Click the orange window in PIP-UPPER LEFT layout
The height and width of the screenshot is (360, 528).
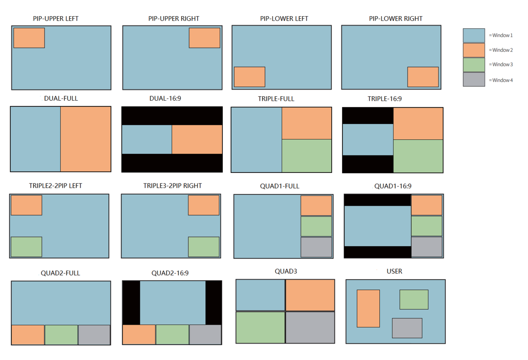click(29, 38)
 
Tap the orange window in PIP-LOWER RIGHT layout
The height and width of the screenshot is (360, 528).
click(423, 77)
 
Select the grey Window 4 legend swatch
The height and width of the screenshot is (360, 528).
click(474, 79)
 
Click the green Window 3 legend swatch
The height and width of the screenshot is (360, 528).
click(474, 65)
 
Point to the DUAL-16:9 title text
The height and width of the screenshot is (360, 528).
click(165, 98)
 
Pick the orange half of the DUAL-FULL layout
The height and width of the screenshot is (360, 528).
click(86, 139)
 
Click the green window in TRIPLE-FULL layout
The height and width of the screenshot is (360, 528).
click(307, 155)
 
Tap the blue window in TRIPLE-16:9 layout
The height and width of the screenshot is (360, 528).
click(368, 140)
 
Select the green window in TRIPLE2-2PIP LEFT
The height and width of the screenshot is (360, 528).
click(26, 247)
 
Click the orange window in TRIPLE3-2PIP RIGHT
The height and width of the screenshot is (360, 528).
click(203, 205)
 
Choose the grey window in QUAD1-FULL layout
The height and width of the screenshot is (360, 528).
click(316, 247)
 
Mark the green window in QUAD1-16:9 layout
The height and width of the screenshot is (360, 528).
click(427, 226)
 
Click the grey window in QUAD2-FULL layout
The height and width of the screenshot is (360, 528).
click(94, 335)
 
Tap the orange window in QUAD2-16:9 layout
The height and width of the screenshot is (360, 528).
click(139, 334)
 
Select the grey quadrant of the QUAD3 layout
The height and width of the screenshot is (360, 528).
click(310, 327)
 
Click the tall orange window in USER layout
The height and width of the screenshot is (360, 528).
click(368, 308)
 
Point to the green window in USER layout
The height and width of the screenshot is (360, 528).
click(414, 299)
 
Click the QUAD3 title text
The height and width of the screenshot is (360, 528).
click(286, 271)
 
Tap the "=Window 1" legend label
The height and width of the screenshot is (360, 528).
click(501, 35)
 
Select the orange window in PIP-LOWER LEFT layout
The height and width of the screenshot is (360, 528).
click(250, 77)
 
